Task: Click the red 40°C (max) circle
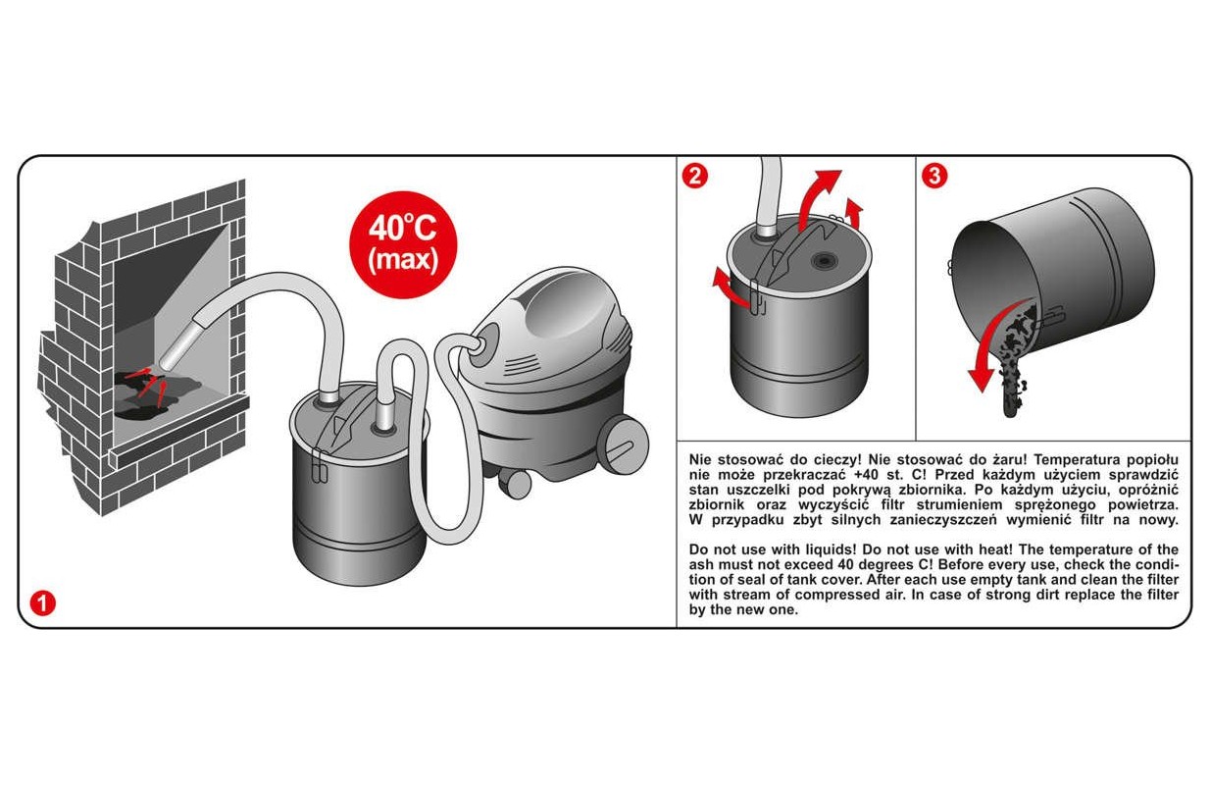click(x=404, y=244)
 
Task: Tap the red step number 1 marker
click(x=43, y=602)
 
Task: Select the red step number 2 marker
click(x=694, y=176)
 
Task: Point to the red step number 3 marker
click(x=934, y=176)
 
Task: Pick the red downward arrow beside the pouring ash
click(x=994, y=346)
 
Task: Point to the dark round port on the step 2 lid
click(x=824, y=261)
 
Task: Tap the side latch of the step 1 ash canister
click(x=320, y=465)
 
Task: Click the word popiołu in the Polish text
click(x=1152, y=460)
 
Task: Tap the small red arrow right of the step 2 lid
click(x=855, y=213)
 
